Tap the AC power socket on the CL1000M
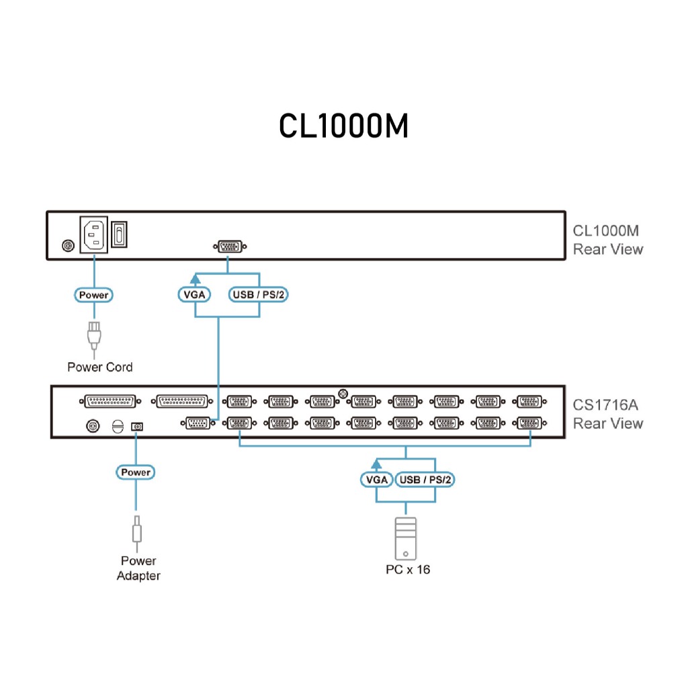click(94, 234)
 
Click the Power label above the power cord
click(93, 294)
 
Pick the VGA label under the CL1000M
click(194, 294)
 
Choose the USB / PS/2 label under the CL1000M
click(259, 294)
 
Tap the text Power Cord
click(100, 367)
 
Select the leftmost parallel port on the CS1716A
click(112, 401)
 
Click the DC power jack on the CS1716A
click(137, 426)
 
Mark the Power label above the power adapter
click(136, 472)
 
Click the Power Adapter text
click(138, 568)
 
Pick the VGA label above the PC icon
click(376, 480)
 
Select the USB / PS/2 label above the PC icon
click(425, 480)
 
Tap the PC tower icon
click(406, 538)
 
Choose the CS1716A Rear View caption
click(607, 415)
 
